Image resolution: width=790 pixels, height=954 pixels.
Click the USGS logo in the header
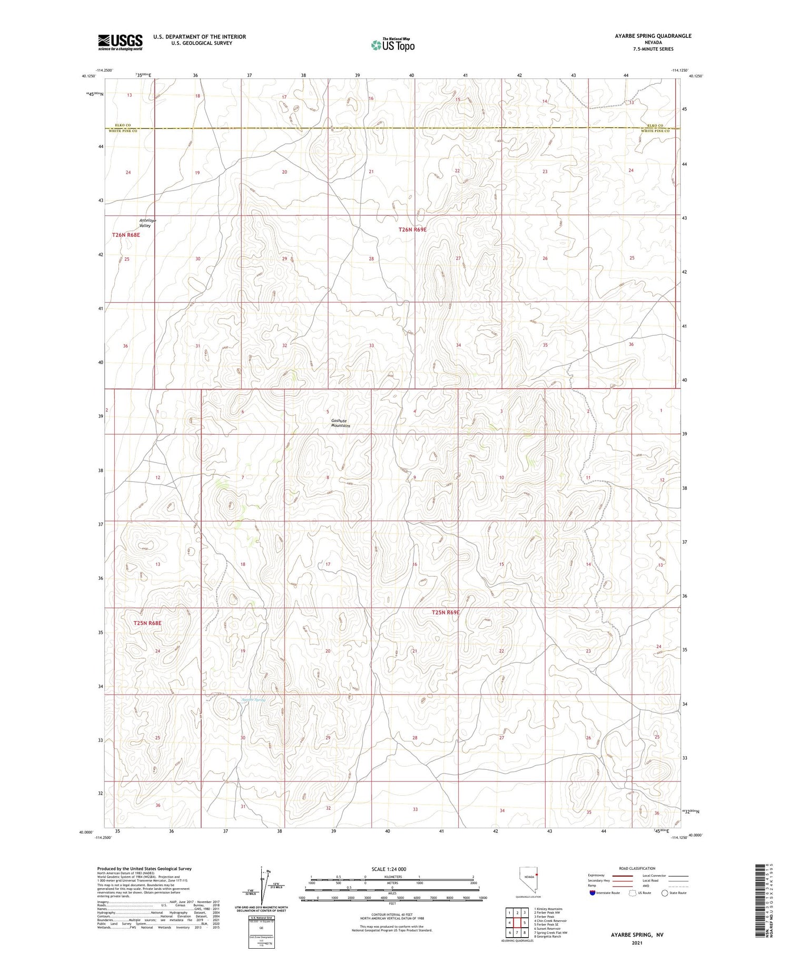click(x=120, y=42)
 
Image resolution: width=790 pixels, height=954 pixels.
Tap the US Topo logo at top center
click(x=392, y=45)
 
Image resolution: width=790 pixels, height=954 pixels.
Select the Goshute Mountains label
click(x=340, y=423)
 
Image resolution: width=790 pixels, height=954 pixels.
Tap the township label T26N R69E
click(x=412, y=229)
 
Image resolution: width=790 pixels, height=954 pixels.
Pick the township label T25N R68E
click(x=147, y=623)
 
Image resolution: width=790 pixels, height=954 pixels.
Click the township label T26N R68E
click(x=126, y=235)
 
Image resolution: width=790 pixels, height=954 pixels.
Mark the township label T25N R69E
click(x=446, y=612)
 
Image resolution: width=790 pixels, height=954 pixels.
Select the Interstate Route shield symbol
click(x=592, y=893)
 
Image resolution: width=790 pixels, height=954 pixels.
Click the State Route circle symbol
click(x=665, y=893)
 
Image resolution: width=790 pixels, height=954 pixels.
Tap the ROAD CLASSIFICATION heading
click(x=637, y=868)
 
